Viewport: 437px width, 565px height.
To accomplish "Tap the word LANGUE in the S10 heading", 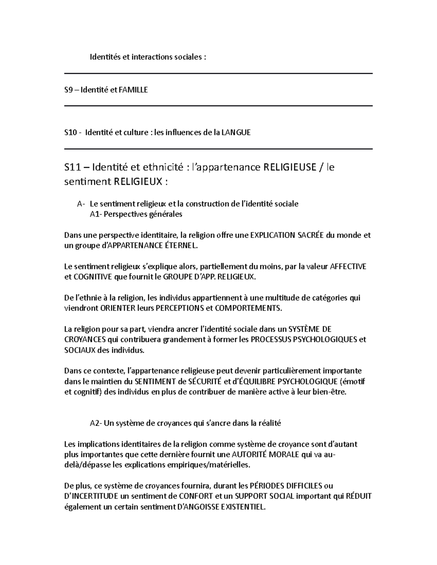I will (x=237, y=132).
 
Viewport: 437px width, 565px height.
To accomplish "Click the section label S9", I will (x=68, y=90).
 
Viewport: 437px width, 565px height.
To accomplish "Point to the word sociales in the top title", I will (x=188, y=57).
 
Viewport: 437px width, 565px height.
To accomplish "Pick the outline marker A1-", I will (x=96, y=214).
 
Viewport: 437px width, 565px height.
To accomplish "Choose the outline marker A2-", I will (x=97, y=423).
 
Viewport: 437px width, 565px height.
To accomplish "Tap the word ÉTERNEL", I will (x=182, y=246).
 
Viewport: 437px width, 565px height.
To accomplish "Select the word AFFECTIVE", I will (x=348, y=266).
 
